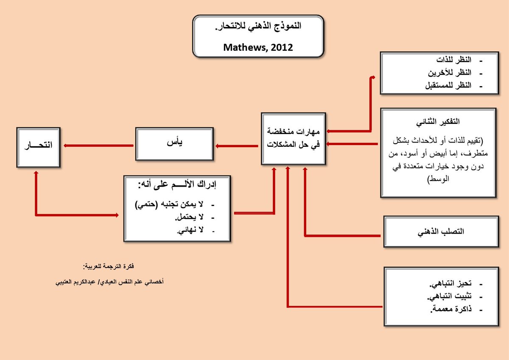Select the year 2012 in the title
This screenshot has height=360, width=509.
[x=282, y=47]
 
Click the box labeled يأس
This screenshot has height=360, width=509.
[x=174, y=145]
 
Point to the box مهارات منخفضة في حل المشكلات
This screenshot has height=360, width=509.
[x=294, y=139]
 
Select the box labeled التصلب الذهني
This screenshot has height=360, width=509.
[x=441, y=232]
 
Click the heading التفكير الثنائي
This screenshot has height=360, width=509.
[x=438, y=121]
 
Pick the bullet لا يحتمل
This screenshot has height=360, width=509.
[x=189, y=218]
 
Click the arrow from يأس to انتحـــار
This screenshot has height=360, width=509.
[x=98, y=146]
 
